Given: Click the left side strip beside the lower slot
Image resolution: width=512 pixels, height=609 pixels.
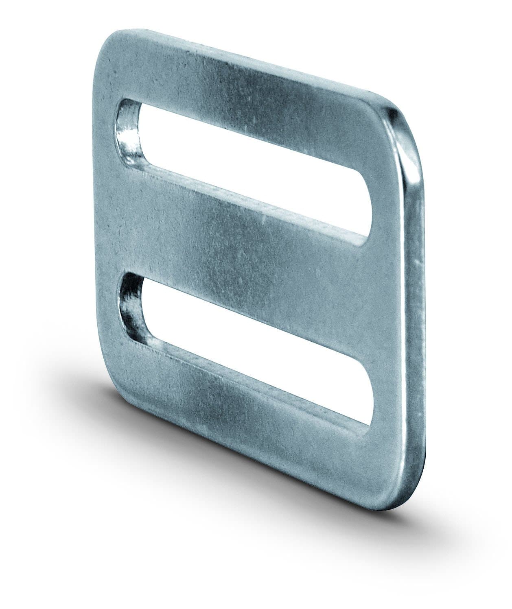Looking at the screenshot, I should (x=110, y=309).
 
